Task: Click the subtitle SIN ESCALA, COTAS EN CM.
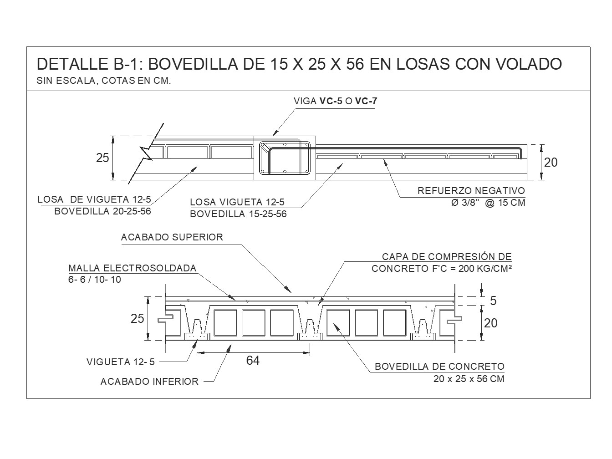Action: tap(104, 82)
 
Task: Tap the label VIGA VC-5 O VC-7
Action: tap(335, 101)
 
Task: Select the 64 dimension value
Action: tap(253, 360)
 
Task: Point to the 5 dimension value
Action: tap(493, 301)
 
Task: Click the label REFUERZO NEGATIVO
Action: tap(471, 191)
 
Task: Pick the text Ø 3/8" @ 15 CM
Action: tap(488, 203)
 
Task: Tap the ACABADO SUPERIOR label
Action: tap(172, 237)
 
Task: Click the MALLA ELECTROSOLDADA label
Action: tap(132, 268)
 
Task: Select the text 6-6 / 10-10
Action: tap(95, 280)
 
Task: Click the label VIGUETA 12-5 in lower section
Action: tap(121, 362)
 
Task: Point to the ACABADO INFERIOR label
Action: tap(149, 382)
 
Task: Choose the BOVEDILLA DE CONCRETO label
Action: tap(439, 367)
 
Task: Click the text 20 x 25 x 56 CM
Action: tap(469, 379)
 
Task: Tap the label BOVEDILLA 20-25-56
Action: tap(102, 211)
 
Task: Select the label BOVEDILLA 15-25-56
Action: tap(238, 214)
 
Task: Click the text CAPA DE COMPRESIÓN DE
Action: tap(447, 257)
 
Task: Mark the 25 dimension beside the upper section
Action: tap(102, 158)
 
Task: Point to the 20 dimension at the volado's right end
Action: tap(551, 162)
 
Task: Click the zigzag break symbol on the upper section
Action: tap(147, 153)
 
